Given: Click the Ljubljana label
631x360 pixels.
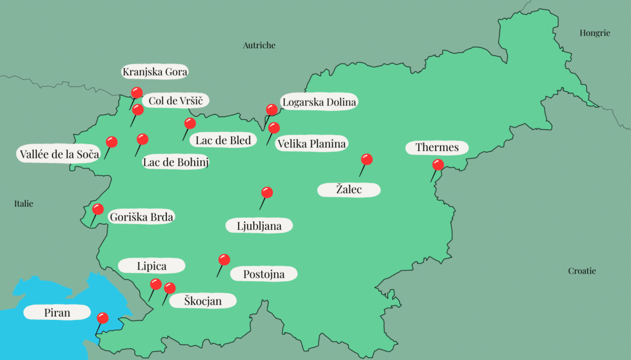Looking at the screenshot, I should point(259,226).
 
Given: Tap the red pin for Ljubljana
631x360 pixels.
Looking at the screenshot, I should point(267,193).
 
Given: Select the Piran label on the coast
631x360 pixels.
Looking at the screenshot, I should point(57,313).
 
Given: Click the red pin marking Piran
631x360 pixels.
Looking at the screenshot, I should point(103,319).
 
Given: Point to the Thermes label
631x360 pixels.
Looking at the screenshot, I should point(437,148).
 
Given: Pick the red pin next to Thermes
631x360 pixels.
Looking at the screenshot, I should point(438,165).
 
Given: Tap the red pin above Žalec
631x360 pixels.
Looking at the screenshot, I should point(367,160).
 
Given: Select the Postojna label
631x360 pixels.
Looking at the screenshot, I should point(265,274).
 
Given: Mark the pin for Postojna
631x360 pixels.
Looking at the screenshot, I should point(224,260).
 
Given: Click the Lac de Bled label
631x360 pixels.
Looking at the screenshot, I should point(223,141).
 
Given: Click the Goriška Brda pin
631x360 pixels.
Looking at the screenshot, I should point(98,210).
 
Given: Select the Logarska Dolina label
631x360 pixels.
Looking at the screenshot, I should point(319,102).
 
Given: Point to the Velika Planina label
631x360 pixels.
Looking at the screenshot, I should point(312,144).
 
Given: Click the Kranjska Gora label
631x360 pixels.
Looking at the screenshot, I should point(155,72).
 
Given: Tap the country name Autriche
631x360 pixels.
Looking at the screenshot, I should point(259,46).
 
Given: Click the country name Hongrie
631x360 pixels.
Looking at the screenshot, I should point(595,33).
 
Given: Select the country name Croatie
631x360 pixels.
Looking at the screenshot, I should point(582,271).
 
